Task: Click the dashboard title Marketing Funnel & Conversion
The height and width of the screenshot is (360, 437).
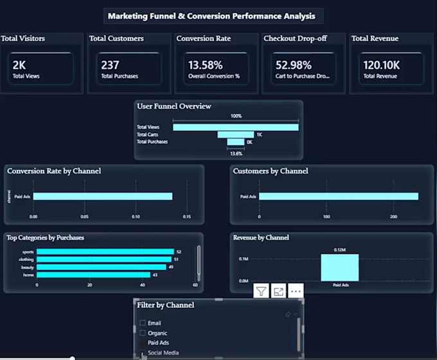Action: point(212,15)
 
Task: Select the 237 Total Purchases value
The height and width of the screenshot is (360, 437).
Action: point(110,65)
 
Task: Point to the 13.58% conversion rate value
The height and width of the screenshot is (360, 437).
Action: point(205,65)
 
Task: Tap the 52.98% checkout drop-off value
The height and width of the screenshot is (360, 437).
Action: point(293,65)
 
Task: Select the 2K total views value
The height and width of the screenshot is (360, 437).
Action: point(19,65)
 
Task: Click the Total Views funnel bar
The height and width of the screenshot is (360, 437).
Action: point(236,127)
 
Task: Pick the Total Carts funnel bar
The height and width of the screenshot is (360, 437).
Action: point(236,134)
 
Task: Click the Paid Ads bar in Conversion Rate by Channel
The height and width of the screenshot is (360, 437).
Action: point(102,197)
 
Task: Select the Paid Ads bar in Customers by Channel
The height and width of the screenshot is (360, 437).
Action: point(338,197)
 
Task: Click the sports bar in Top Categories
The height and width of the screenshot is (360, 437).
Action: point(105,252)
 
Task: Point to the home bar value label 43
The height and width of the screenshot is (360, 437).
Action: point(154,274)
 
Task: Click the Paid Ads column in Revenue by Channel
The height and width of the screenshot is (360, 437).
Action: point(339,267)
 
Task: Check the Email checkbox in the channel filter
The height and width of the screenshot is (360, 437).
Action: point(143,323)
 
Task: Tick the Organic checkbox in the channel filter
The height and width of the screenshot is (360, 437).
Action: point(143,333)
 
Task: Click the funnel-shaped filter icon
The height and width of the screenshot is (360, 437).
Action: point(261,291)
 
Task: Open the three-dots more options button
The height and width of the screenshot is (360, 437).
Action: point(296,291)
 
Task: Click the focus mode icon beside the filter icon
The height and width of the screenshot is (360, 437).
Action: point(278,291)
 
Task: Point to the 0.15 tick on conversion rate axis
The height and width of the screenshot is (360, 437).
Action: point(187,217)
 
